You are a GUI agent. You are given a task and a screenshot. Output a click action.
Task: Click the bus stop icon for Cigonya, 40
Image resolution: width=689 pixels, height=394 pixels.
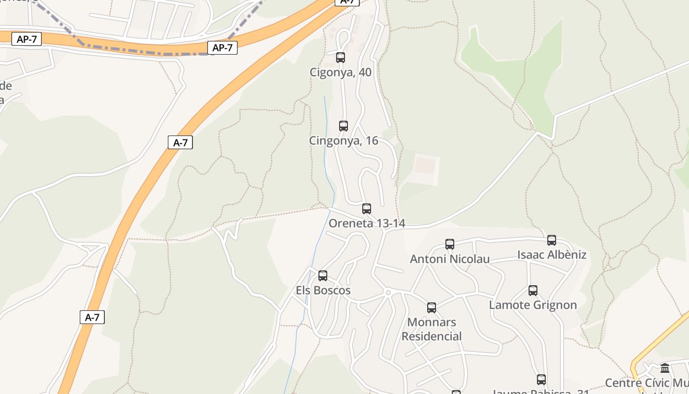(341, 58)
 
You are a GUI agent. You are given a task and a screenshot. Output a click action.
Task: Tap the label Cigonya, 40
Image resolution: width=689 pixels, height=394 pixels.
(341, 72)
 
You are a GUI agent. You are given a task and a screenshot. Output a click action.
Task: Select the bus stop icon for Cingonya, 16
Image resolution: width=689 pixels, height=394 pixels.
(344, 126)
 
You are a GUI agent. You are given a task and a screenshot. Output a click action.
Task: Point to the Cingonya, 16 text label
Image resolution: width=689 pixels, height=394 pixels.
(344, 141)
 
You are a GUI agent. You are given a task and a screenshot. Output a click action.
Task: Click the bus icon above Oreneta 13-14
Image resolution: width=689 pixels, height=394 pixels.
(367, 209)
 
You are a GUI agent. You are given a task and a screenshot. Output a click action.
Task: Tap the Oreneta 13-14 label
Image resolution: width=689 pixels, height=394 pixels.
(367, 224)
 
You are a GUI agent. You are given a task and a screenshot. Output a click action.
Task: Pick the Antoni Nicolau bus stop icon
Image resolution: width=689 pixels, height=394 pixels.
(450, 244)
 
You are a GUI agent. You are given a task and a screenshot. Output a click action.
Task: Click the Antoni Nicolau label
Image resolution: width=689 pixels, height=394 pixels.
(450, 259)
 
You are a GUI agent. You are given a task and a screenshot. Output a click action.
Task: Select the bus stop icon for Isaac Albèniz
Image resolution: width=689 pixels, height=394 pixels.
(552, 240)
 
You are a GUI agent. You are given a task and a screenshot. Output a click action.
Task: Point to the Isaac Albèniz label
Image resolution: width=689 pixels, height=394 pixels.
(552, 255)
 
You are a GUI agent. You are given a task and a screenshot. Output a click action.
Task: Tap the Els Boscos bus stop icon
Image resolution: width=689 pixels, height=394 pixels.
(323, 276)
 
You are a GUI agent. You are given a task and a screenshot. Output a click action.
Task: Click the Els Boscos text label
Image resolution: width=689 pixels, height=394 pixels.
(323, 291)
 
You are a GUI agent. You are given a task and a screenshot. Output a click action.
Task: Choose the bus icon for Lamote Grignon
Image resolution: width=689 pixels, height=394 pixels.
(533, 291)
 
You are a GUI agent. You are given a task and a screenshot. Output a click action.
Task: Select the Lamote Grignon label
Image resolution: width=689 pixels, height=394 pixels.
(533, 305)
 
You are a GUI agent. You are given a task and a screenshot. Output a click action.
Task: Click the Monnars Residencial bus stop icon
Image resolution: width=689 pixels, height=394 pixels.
(432, 308)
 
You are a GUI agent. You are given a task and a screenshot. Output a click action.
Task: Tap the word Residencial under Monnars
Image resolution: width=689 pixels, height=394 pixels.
(432, 337)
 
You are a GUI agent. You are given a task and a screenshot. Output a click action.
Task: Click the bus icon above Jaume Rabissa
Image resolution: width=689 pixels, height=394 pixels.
(541, 380)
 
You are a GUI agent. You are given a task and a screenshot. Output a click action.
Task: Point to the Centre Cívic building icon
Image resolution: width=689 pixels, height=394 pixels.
(665, 368)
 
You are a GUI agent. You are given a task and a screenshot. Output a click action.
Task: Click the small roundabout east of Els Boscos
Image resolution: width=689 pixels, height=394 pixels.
(388, 293)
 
